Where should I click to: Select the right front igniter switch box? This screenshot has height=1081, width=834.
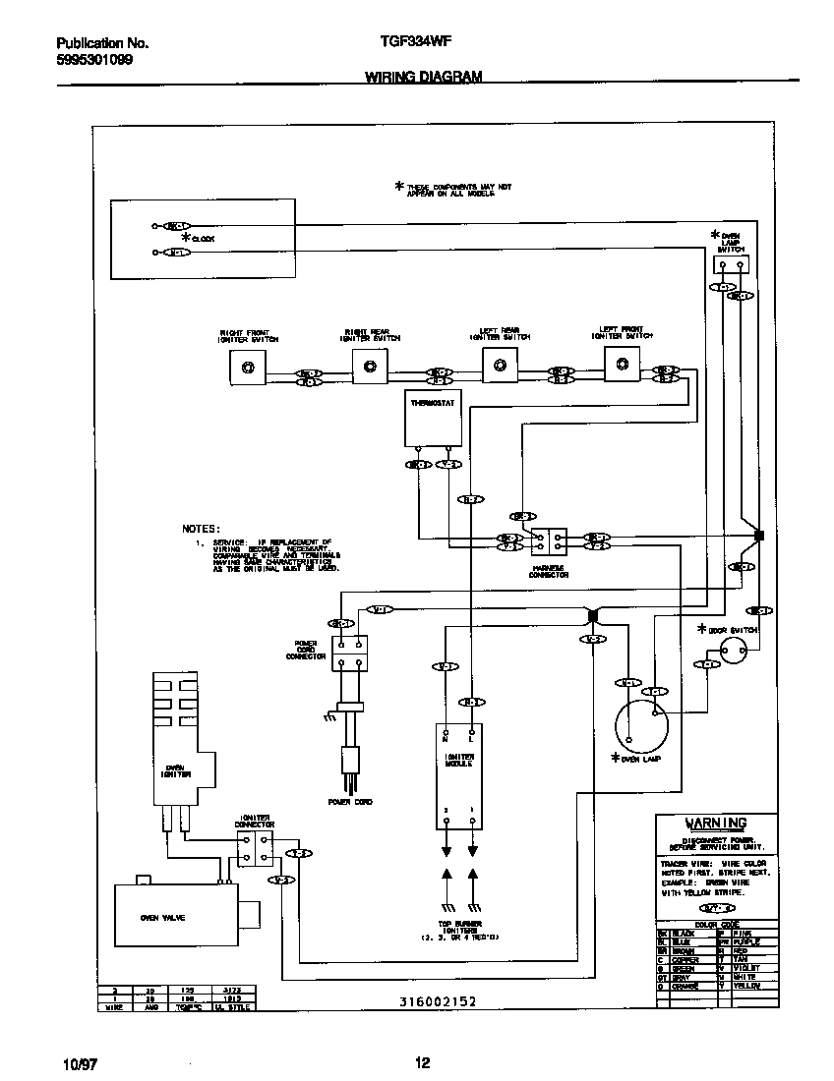pos(247,368)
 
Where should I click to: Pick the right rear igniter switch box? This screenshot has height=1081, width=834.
pos(369,367)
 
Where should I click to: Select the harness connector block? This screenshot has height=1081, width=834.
pos(548,542)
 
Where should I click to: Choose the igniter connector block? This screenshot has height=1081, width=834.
pos(255,847)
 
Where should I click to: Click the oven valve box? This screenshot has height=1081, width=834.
pos(172,916)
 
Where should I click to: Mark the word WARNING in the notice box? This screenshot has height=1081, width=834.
pos(715,823)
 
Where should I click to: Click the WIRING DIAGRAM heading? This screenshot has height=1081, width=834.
pos(424,76)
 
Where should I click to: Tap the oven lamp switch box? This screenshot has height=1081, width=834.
pos(730,263)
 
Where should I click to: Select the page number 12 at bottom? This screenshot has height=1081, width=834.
pos(422,1062)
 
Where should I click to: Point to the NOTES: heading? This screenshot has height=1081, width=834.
pos(202,528)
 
